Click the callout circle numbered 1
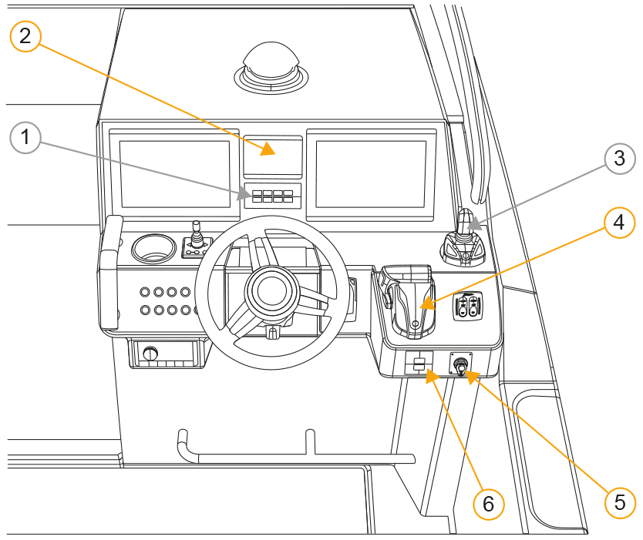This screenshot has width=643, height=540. click(25, 139)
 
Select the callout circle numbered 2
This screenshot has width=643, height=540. click(25, 35)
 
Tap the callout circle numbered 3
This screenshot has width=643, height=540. click(619, 159)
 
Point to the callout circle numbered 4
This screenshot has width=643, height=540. click(619, 223)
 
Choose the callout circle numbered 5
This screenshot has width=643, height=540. click(619, 502)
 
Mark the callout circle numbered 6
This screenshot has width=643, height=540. click(488, 504)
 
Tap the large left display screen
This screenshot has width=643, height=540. click(175, 173)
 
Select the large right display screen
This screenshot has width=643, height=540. click(371, 173)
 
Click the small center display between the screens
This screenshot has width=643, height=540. click(273, 157)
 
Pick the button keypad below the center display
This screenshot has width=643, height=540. click(272, 196)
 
